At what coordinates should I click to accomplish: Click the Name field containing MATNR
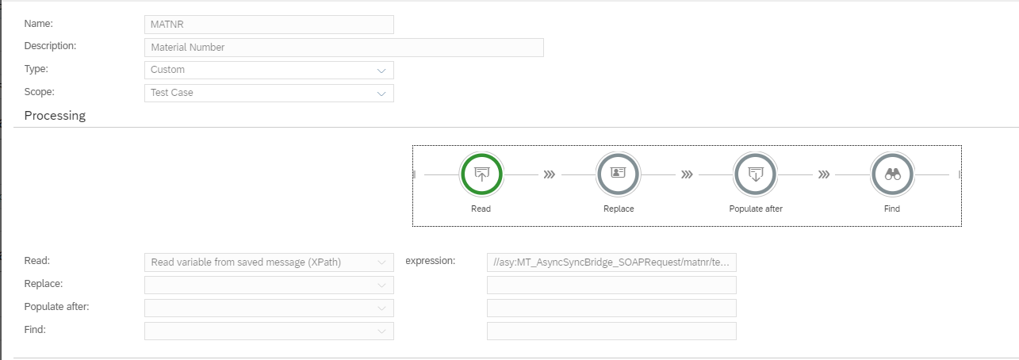click(x=269, y=25)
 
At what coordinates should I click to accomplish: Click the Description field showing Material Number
click(x=344, y=48)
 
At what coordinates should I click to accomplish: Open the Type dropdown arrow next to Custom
click(x=381, y=71)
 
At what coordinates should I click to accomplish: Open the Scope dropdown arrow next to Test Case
click(x=381, y=94)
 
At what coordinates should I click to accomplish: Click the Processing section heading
click(x=55, y=116)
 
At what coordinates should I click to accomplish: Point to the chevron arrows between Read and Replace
click(x=550, y=174)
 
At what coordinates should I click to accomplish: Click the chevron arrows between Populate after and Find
click(x=824, y=174)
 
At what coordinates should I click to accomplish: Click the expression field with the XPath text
click(x=611, y=262)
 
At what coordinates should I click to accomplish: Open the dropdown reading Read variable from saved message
click(x=269, y=262)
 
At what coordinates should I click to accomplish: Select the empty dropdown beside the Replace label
click(x=269, y=285)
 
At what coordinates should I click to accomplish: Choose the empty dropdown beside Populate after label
click(x=269, y=308)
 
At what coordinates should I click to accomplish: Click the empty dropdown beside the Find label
click(x=269, y=331)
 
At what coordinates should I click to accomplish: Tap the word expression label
click(x=431, y=261)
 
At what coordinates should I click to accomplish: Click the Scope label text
click(x=39, y=92)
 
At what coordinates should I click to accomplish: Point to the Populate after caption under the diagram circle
click(x=756, y=209)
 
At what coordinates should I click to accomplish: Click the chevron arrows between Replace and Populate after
click(x=687, y=174)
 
